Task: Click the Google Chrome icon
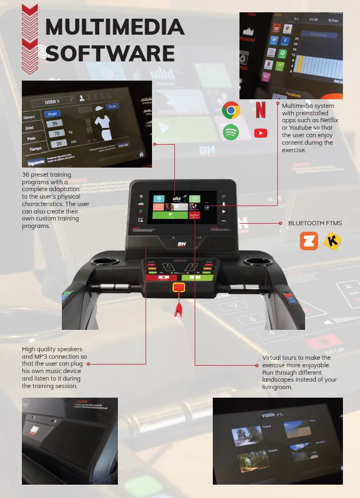[x=230, y=110]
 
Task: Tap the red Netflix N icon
[x=260, y=109]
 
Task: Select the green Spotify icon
[x=230, y=132]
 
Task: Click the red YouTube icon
[x=260, y=133]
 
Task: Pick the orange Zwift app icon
[x=309, y=241]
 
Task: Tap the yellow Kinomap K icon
[x=332, y=241]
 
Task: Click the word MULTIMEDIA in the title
[x=115, y=27]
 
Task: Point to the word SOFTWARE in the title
[x=110, y=53]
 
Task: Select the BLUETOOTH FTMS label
[x=315, y=223]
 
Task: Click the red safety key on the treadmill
[x=179, y=288]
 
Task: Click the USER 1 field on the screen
[x=51, y=101]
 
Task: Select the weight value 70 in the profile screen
[x=55, y=133]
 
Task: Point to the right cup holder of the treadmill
[x=260, y=262]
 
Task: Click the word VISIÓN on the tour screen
[x=268, y=415]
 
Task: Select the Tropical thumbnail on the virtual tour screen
[x=247, y=436]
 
